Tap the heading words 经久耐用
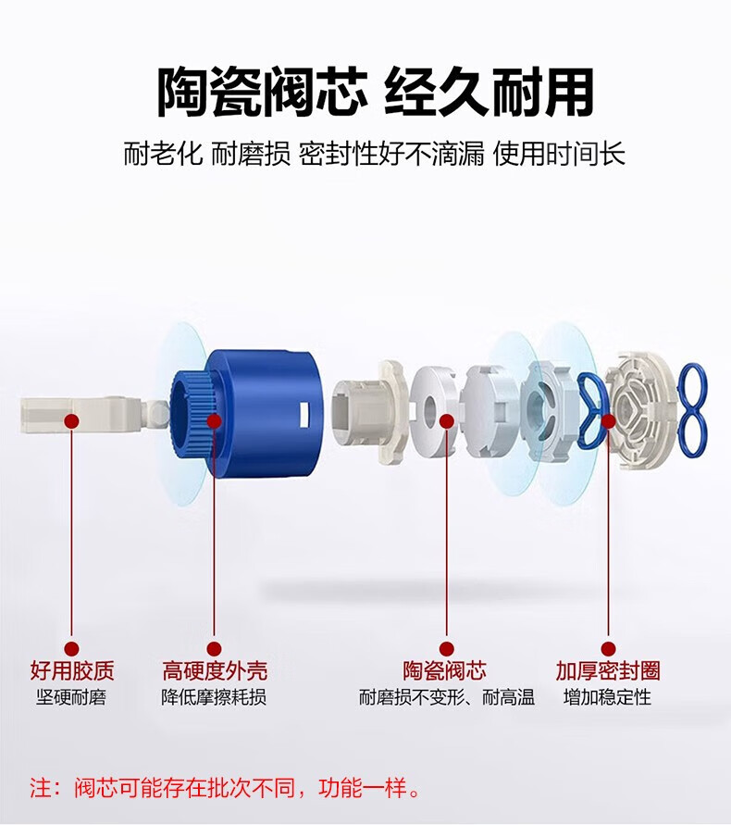pos(489,94)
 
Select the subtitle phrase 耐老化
pos(163,154)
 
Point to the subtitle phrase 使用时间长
pos(559,154)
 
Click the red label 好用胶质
pos(72,671)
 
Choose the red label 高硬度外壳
pos(215,671)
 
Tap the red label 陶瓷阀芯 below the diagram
pos(444,671)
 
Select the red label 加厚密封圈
pos(608,671)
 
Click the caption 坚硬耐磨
pos(71,697)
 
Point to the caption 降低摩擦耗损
pos(214,697)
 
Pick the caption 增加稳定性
pos(607,697)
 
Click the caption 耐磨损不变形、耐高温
pos(447,697)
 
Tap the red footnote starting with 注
pos(225,788)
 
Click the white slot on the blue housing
pos(303,415)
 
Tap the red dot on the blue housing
pos(214,421)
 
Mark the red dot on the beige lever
pos(72,421)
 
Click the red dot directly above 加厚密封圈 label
pos(608,649)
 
